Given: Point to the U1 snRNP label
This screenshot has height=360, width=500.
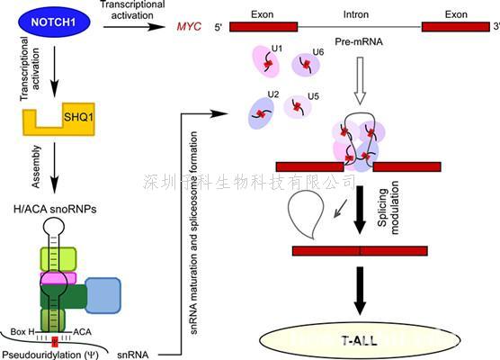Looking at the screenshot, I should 277,47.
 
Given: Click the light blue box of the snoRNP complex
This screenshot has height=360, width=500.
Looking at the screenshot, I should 103,296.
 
